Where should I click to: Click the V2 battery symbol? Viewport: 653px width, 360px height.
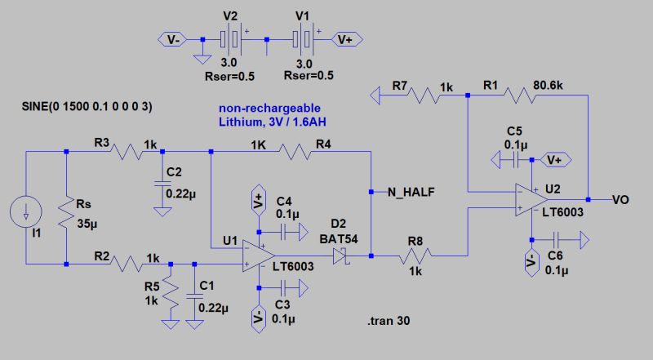(232, 38)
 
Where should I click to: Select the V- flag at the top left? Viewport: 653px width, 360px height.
(174, 38)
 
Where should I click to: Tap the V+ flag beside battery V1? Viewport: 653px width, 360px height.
(344, 38)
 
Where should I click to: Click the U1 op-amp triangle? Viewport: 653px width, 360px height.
(260, 252)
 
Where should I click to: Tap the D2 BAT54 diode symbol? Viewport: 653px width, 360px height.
(341, 256)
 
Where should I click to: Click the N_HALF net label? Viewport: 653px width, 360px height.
(411, 192)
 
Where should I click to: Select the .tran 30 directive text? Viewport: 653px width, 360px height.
(388, 321)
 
